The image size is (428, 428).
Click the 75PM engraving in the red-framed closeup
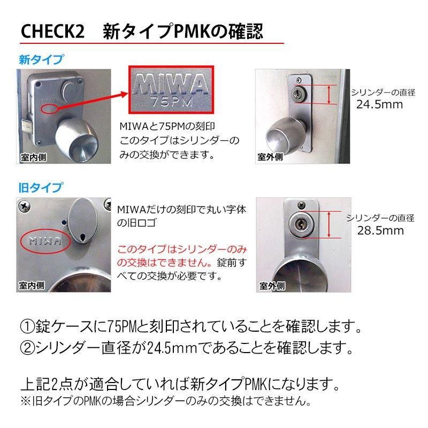pos(171,101)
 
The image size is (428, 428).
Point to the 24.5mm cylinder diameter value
pos(379,104)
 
